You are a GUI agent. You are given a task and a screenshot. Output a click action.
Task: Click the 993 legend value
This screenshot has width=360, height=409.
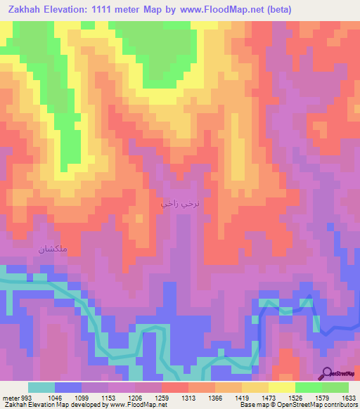pos(27,397)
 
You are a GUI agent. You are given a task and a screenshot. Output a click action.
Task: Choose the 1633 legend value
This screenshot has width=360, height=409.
pos(349,397)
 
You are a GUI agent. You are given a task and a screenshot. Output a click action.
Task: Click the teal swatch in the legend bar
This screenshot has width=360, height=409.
pos(41,387)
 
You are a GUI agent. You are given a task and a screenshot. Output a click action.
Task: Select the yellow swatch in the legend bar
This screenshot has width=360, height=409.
pos(281,387)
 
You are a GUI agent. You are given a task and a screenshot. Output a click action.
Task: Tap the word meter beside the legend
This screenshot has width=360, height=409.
pos(10,397)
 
